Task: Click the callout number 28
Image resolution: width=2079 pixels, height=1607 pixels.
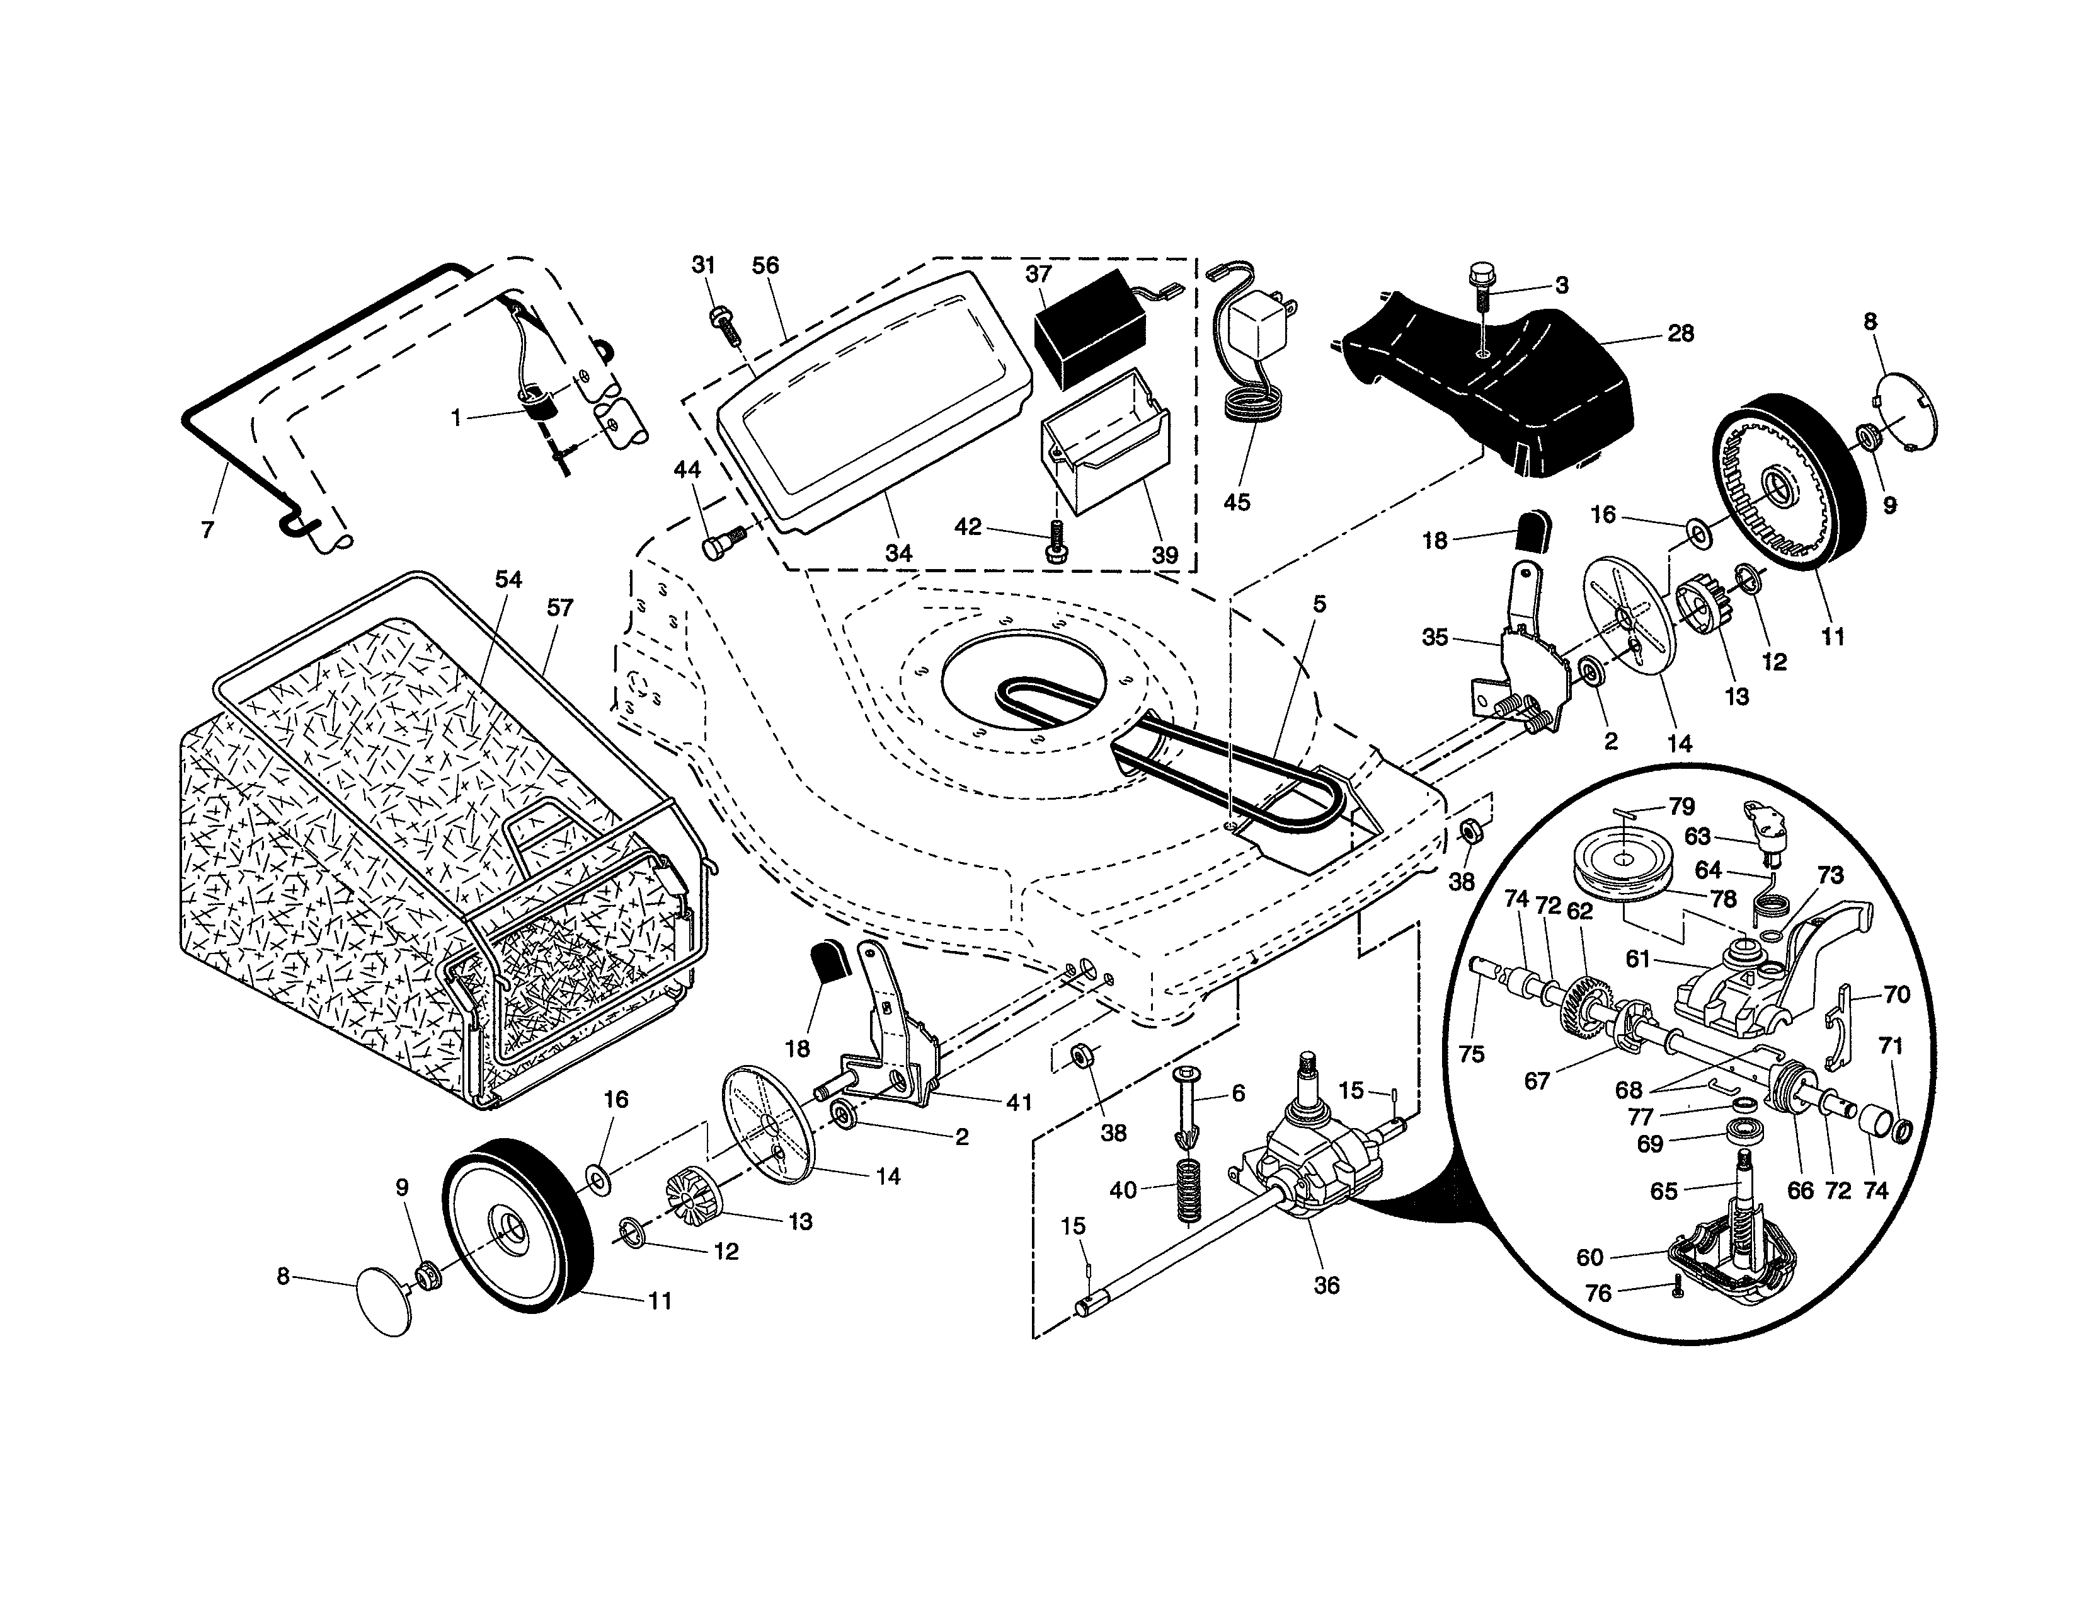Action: pos(1680,333)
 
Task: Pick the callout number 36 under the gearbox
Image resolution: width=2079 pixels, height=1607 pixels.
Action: pos(1326,1285)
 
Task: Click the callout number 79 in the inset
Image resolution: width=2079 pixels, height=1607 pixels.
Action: pos(1681,807)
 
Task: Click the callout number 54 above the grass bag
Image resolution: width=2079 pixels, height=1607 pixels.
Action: pos(508,579)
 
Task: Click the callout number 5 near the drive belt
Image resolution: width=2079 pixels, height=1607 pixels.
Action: pos(1319,604)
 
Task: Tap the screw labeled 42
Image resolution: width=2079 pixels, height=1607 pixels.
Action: pos(1055,542)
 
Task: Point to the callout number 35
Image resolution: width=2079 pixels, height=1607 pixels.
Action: pos(1435,637)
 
